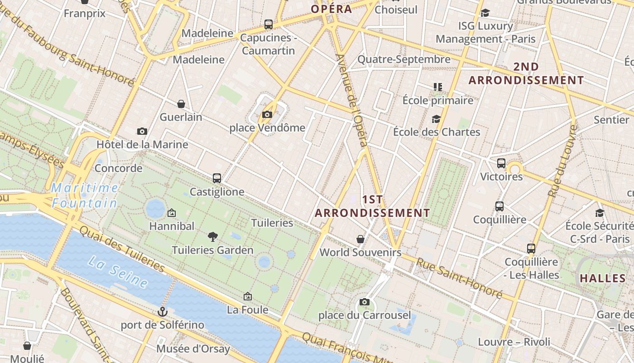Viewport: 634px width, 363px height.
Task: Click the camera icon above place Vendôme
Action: (267, 114)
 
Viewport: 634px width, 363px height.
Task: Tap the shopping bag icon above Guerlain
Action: (181, 104)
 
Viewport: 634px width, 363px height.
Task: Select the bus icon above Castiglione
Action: (217, 178)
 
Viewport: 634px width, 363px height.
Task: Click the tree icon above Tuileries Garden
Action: (212, 236)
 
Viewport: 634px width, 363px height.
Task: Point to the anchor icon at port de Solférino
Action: (162, 312)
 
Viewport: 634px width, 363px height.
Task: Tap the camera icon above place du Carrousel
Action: (365, 302)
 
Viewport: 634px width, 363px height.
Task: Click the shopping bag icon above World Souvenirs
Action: (360, 239)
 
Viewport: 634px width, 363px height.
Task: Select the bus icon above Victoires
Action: (501, 163)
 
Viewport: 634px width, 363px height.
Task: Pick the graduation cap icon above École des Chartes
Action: (437, 119)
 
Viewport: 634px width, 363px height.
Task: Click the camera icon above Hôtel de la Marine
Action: (142, 131)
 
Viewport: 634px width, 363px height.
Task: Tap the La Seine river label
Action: (118, 271)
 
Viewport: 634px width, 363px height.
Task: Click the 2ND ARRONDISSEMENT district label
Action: (526, 74)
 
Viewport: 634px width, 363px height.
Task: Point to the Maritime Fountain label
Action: (85, 195)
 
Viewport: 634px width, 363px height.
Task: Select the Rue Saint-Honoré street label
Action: (459, 278)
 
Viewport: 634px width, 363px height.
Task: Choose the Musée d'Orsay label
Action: (193, 349)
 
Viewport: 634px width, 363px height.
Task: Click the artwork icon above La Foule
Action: (247, 296)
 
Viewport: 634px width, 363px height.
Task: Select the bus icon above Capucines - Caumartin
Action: (269, 24)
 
